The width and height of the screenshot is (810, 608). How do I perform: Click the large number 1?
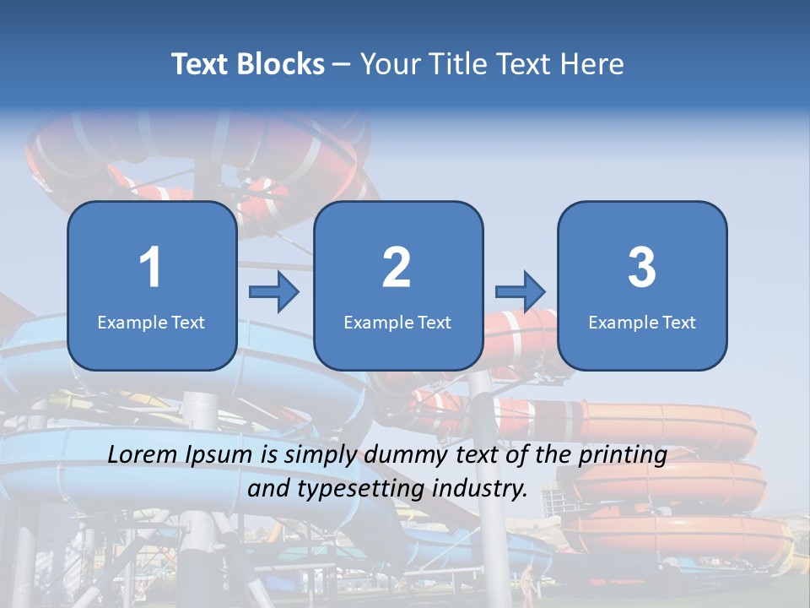(150, 268)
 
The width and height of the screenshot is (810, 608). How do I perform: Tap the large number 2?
(397, 268)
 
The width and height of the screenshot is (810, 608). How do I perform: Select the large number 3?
(642, 268)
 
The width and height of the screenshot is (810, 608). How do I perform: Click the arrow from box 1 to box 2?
(274, 292)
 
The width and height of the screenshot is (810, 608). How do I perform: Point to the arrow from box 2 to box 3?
(520, 292)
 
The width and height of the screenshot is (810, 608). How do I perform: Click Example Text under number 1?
(151, 322)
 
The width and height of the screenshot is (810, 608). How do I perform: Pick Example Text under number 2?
(397, 322)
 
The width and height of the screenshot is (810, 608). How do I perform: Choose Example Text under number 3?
(642, 322)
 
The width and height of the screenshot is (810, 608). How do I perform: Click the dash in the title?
(342, 64)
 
